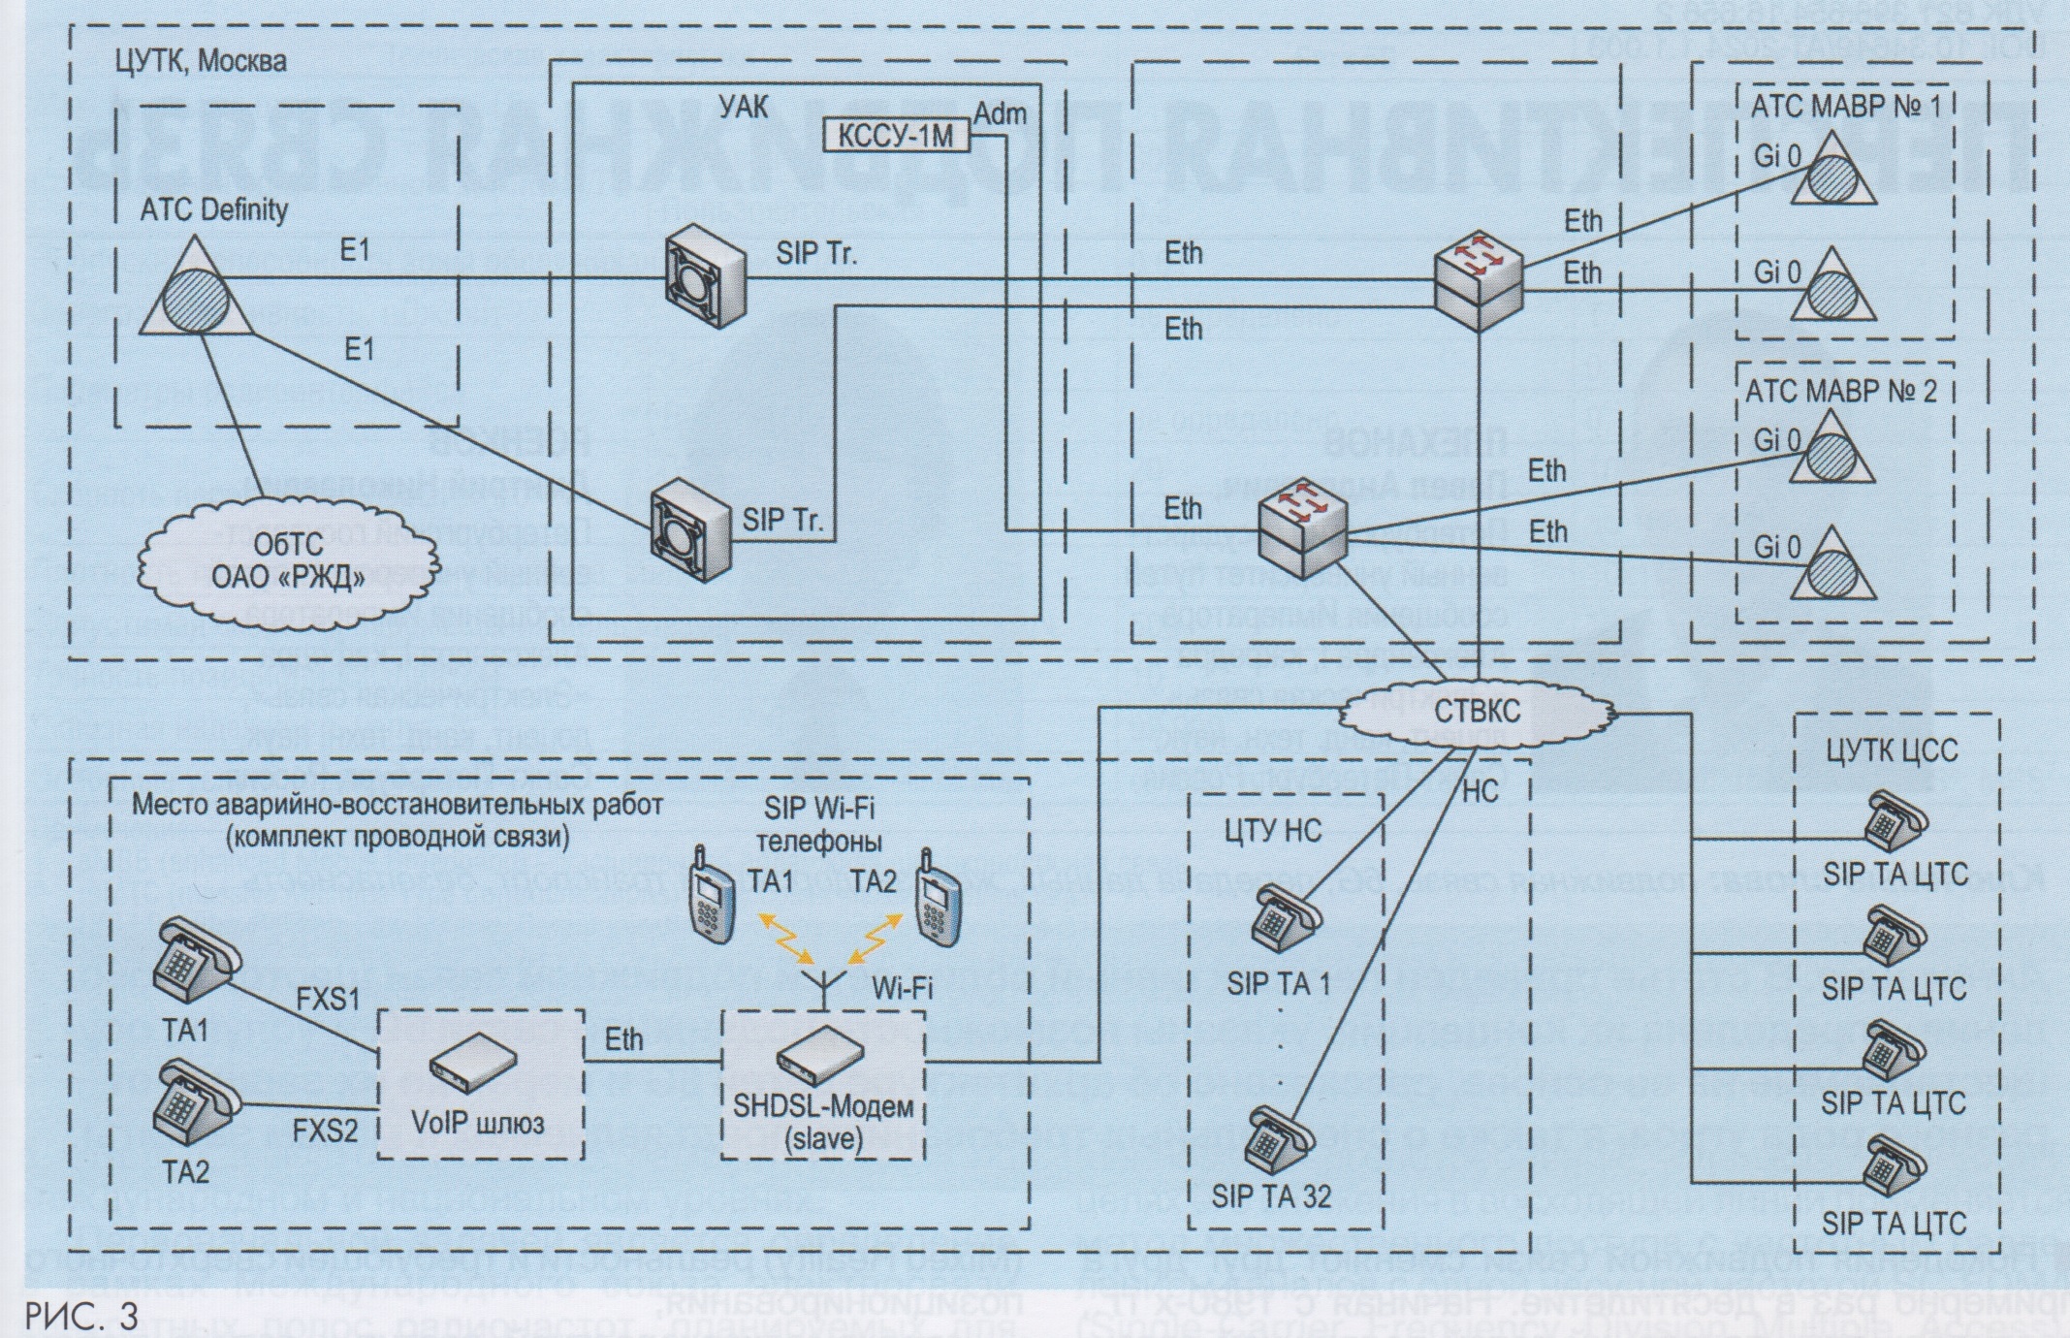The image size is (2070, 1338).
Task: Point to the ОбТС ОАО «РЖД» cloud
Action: [288, 563]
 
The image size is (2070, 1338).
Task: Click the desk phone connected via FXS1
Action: [194, 965]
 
